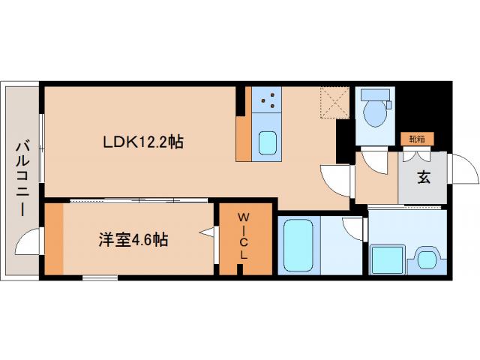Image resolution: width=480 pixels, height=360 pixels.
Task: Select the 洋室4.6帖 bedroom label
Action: pyautogui.click(x=133, y=240)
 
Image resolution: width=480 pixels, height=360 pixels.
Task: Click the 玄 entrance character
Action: pyautogui.click(x=424, y=178)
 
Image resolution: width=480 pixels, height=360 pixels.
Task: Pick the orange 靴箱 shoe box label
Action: pyautogui.click(x=415, y=139)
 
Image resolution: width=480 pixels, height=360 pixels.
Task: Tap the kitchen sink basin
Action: pyautogui.click(x=266, y=143)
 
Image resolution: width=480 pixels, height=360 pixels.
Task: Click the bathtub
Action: pyautogui.click(x=297, y=245)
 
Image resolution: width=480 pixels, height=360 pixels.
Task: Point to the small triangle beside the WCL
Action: pyautogui.click(x=205, y=235)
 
